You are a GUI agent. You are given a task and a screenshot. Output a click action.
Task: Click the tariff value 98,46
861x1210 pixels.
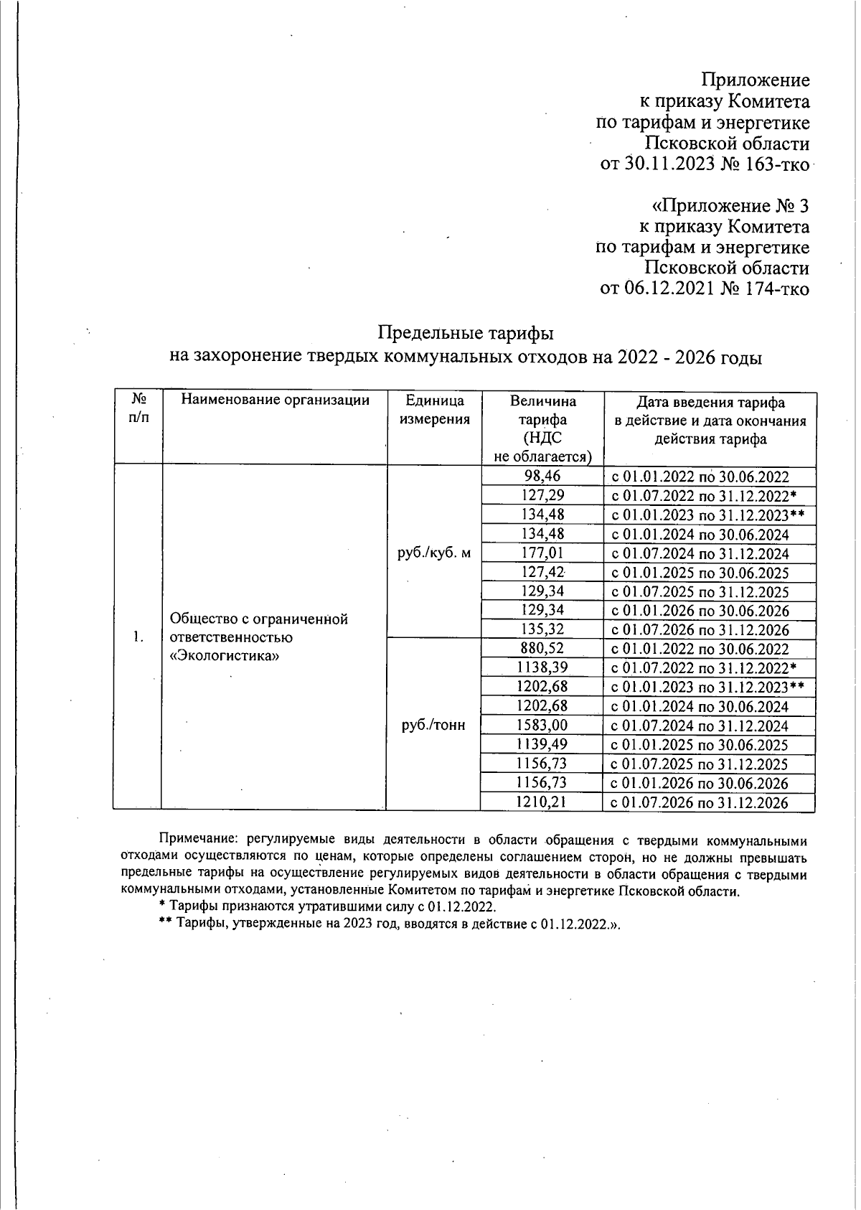[x=542, y=476]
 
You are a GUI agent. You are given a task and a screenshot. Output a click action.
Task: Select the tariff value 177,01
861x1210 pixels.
[x=542, y=553]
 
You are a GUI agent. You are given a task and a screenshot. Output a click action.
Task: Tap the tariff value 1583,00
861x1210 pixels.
[x=542, y=725]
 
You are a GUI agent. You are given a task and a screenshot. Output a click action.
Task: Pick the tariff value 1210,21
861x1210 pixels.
[x=542, y=802]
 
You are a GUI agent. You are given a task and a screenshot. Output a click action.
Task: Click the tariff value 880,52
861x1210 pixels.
[x=542, y=648]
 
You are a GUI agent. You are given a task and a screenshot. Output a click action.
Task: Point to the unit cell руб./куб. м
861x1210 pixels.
[x=434, y=553]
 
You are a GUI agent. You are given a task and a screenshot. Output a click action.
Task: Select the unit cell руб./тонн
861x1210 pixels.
[x=433, y=725]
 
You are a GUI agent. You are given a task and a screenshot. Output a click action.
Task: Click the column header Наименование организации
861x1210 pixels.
[x=275, y=400]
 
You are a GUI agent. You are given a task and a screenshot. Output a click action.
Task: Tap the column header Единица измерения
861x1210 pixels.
[x=434, y=410]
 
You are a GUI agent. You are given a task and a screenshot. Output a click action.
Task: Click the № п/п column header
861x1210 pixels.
[x=139, y=410]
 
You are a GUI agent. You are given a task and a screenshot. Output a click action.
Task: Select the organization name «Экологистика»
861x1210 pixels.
[x=224, y=656]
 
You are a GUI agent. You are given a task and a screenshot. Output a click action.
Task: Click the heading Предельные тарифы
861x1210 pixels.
[x=466, y=334]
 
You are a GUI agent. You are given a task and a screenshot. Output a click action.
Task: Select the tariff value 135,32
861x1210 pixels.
[x=542, y=629]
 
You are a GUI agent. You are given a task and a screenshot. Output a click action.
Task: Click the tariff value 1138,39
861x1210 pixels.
[x=542, y=667]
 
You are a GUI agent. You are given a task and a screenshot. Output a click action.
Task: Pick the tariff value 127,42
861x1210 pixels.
[x=542, y=572]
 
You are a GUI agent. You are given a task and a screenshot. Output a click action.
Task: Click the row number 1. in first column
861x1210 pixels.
[x=138, y=637]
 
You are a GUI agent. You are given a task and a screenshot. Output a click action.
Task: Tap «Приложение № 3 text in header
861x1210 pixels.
[x=730, y=206]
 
